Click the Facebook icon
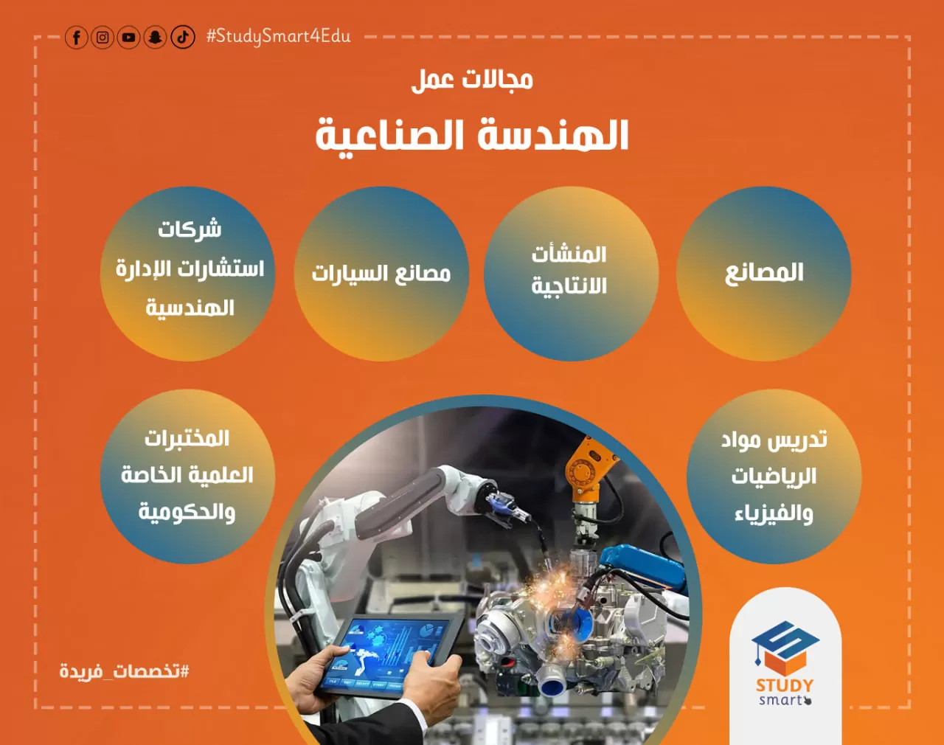(x=76, y=38)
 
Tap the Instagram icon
(x=103, y=38)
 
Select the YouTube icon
(x=128, y=38)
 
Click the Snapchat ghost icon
(x=156, y=38)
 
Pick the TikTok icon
(x=182, y=38)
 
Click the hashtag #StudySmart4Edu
(x=279, y=36)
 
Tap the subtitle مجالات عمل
(x=472, y=80)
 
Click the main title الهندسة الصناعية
(x=472, y=136)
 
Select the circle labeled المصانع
(x=764, y=274)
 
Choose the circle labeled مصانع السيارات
(x=381, y=274)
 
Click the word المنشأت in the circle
(x=569, y=255)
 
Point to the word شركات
(x=190, y=229)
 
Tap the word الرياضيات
(x=774, y=477)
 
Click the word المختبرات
(x=187, y=439)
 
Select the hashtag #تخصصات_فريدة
(x=125, y=671)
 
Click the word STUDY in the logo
(x=785, y=685)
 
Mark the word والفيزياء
(x=774, y=514)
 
